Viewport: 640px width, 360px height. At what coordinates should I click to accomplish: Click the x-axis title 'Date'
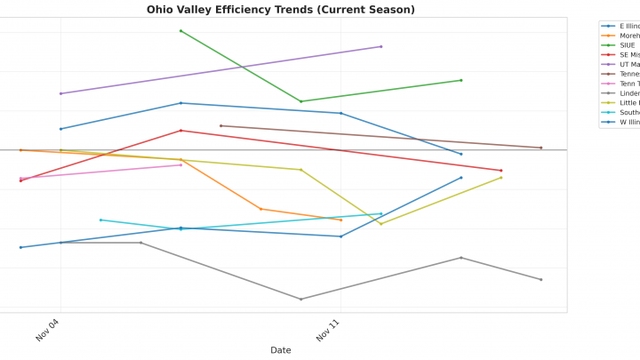(280, 350)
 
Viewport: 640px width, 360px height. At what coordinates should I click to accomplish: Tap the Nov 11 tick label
(328, 330)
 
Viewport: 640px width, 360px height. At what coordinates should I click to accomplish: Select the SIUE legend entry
(628, 45)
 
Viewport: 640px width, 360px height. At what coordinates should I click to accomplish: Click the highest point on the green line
(180, 31)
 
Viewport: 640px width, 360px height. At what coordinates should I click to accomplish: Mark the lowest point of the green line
(301, 101)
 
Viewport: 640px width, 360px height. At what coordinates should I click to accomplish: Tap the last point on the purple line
(381, 46)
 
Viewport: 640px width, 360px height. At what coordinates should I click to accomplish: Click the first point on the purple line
(60, 93)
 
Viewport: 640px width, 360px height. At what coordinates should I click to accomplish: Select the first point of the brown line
(220, 125)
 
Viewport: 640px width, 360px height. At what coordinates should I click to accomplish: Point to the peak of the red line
(180, 131)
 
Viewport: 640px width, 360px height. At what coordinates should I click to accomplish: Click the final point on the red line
(501, 171)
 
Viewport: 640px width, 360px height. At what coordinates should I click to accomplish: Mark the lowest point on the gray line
(301, 300)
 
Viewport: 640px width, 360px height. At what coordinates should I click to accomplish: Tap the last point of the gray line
(541, 280)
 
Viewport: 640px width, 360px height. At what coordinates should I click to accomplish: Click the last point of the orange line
(341, 220)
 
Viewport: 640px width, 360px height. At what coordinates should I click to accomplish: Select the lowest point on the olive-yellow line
(381, 224)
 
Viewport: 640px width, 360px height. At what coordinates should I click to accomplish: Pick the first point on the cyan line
(100, 220)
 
